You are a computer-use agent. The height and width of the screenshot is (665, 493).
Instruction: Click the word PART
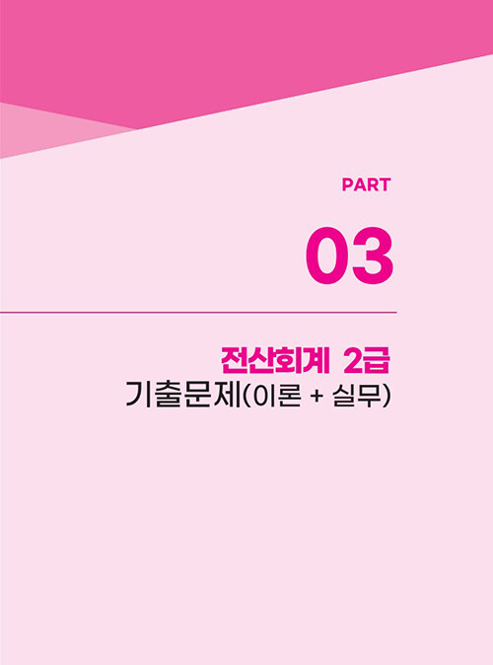click(x=366, y=185)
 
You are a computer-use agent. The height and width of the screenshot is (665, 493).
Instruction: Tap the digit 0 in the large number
click(x=327, y=256)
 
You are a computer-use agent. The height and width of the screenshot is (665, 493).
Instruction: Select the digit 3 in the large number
click(x=372, y=256)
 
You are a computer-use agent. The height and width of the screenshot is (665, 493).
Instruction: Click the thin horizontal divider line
click(x=198, y=313)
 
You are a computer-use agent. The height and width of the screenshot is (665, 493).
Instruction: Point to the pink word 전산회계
click(x=275, y=361)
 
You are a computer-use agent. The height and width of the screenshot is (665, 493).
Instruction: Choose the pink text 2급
click(x=366, y=361)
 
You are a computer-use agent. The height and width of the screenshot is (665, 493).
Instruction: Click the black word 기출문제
click(x=183, y=395)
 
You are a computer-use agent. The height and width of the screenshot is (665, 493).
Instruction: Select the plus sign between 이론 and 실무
click(x=317, y=396)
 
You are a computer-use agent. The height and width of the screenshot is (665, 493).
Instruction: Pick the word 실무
click(x=357, y=395)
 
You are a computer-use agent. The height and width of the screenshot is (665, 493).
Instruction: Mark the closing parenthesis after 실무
click(x=386, y=395)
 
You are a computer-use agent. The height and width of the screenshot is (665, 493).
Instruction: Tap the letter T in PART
click(x=385, y=185)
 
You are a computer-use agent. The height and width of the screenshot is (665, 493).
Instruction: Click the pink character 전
click(x=235, y=361)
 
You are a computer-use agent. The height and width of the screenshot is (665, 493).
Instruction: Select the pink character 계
click(x=317, y=361)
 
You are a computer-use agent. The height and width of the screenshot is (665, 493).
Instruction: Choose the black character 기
click(x=139, y=395)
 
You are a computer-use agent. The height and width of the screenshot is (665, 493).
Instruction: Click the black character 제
click(x=227, y=395)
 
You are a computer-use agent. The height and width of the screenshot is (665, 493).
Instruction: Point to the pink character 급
click(x=377, y=361)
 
